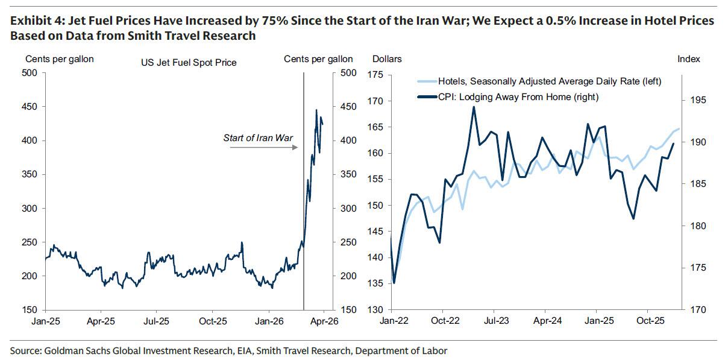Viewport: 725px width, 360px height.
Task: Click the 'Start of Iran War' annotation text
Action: pos(258,138)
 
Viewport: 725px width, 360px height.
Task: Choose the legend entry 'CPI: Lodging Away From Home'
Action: pos(512,96)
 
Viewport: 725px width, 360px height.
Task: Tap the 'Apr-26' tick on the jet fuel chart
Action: pos(324,322)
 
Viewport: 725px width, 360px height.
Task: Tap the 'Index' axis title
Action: pos(689,59)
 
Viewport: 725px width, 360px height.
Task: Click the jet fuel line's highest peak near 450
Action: pos(316,110)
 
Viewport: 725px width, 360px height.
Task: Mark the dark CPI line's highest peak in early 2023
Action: pos(474,107)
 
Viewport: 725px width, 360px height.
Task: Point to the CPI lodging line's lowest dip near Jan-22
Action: pos(394,283)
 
